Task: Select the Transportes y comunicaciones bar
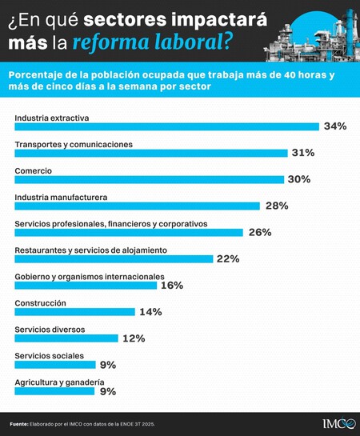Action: tap(151, 153)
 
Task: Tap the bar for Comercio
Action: tap(149, 179)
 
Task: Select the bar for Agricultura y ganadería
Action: tap(54, 391)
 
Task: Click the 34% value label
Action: tap(334, 126)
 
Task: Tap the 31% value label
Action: tap(303, 153)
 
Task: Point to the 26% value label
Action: tap(260, 232)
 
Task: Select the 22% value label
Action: tap(228, 258)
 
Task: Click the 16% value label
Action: tap(172, 285)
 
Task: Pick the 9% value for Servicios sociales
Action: tap(108, 365)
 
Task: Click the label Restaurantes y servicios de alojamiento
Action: tap(90, 250)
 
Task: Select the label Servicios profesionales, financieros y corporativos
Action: tap(110, 223)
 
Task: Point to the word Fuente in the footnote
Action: tap(18, 423)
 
